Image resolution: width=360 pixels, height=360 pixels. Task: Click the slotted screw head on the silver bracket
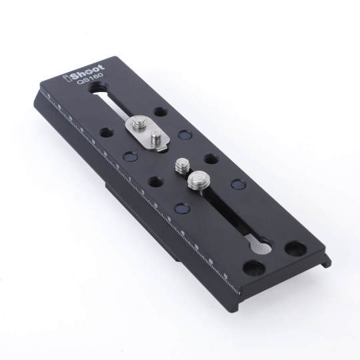(139, 123)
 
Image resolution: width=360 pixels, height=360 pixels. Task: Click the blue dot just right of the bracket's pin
(186, 135)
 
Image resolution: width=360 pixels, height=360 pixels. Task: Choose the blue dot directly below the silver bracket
(129, 158)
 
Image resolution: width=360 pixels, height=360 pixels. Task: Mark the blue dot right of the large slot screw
(235, 185)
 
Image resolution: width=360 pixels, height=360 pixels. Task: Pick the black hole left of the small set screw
(154, 181)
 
